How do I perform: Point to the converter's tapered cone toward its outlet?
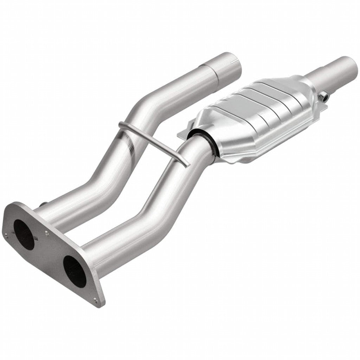click(x=309, y=84)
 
